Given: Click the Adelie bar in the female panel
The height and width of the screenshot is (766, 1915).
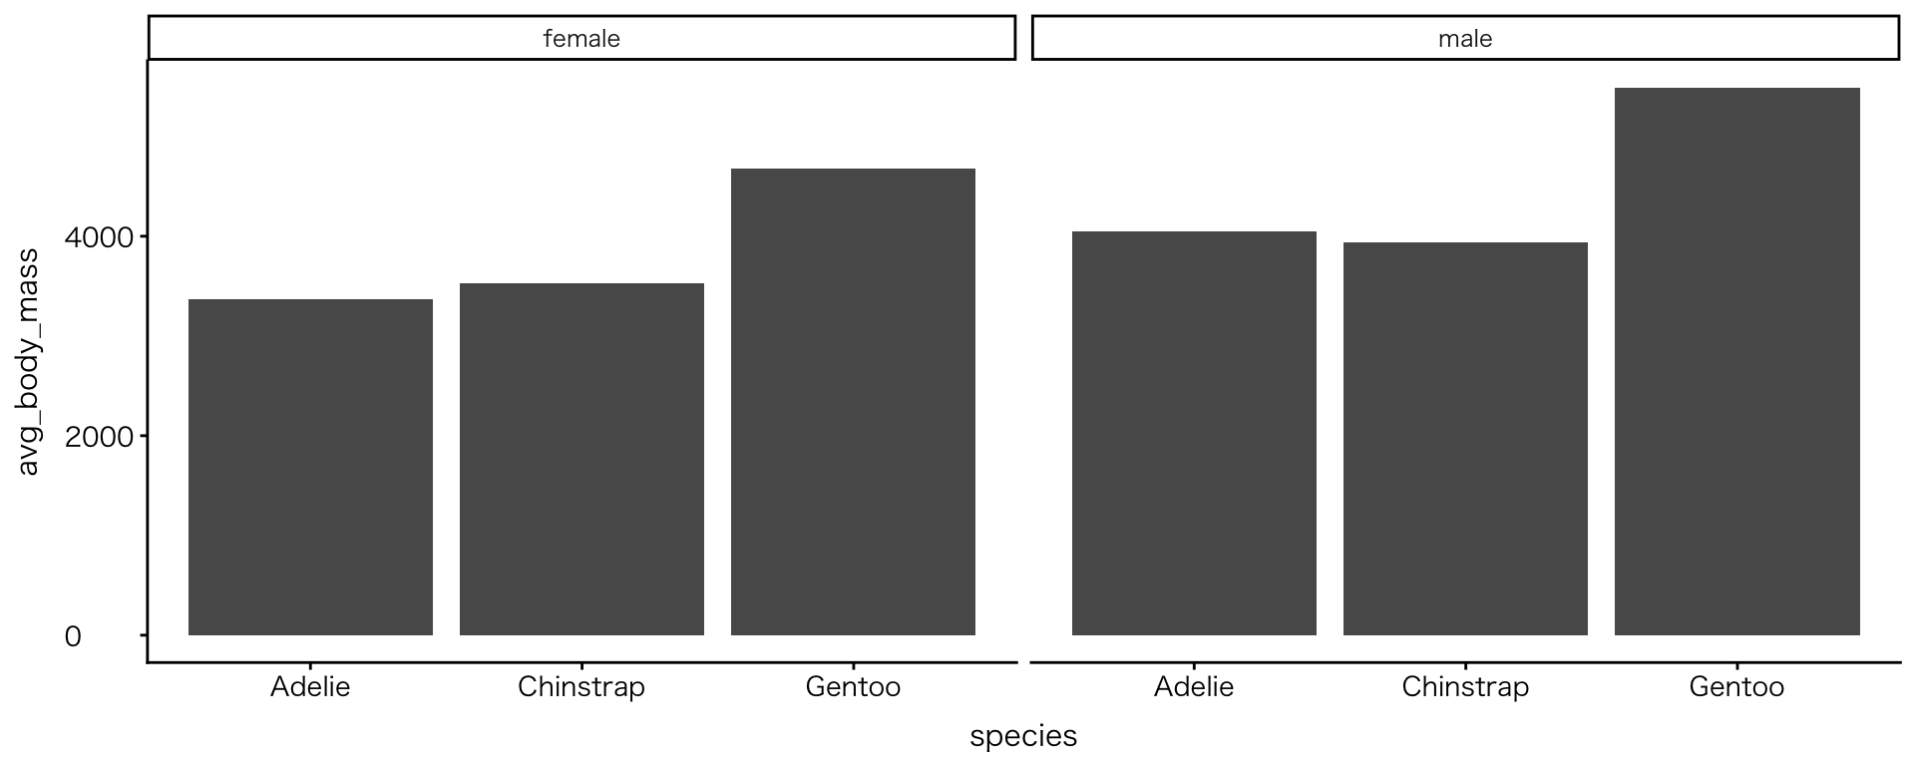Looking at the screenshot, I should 310,467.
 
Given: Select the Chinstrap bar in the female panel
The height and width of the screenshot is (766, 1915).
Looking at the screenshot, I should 581,459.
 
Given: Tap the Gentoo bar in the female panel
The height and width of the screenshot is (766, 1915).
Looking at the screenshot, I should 853,402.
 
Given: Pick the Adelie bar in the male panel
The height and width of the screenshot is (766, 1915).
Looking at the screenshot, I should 1194,433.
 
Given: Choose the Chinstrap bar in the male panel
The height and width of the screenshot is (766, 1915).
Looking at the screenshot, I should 1465,439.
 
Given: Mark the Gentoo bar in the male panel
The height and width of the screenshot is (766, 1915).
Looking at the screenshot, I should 1736,361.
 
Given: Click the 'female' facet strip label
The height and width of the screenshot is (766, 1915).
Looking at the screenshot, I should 581,39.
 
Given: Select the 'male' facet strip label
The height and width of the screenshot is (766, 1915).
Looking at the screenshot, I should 1465,39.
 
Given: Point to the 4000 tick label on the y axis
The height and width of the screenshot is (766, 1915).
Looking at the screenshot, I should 98,237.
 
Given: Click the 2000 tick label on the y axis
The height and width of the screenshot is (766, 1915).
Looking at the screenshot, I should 98,437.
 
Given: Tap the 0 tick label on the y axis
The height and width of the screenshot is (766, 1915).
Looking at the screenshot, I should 73,636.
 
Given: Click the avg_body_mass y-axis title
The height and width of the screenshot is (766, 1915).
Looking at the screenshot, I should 29,363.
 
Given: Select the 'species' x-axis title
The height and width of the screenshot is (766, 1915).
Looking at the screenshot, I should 1023,736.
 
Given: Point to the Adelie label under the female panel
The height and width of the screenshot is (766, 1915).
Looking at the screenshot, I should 310,687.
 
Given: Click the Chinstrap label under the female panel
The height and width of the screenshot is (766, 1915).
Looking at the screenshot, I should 581,687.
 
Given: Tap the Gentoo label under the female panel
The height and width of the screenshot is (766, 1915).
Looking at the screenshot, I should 853,687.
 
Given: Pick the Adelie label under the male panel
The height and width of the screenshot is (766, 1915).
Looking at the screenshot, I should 1194,687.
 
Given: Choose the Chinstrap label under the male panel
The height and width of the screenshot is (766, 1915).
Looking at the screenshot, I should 1465,687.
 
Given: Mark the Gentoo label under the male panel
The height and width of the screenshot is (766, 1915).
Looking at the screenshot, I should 1736,687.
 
